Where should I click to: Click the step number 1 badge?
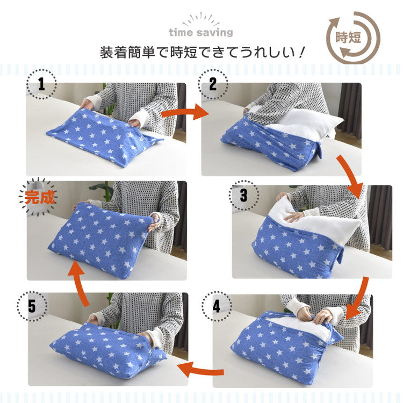pos(41,84)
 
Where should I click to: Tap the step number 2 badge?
pos(213,84)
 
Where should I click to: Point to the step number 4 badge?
pos(216,307)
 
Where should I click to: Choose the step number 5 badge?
pos(32,307)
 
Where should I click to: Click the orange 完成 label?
pos(40,197)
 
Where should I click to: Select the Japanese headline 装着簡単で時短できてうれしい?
pos(203,53)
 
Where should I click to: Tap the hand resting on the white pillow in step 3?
pos(294,217)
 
